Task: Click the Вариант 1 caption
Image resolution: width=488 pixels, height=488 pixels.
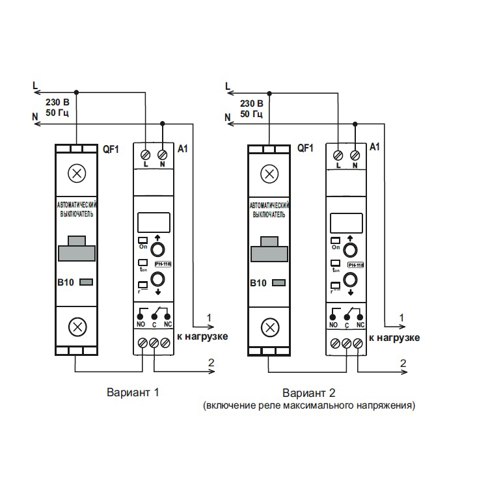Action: [132, 392]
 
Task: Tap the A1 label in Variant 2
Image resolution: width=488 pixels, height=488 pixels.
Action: [374, 148]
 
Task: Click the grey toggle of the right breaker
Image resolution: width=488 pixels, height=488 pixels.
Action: [271, 251]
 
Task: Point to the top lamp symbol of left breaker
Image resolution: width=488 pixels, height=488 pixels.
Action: [77, 174]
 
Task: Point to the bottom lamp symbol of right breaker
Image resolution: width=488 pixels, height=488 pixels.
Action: [269, 327]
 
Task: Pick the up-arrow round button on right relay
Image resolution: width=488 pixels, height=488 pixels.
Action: [349, 251]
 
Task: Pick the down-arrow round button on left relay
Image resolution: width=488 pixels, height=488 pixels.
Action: [157, 280]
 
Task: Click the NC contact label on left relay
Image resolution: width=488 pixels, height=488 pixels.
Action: [167, 323]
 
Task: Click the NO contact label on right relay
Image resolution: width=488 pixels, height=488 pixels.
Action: [333, 324]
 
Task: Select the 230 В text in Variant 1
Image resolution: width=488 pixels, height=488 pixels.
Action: [57, 103]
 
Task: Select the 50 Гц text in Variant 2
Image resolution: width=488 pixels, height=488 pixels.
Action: [251, 115]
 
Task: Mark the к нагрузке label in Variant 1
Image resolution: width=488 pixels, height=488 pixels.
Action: [202, 338]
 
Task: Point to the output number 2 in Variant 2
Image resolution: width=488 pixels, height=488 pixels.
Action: [403, 362]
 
